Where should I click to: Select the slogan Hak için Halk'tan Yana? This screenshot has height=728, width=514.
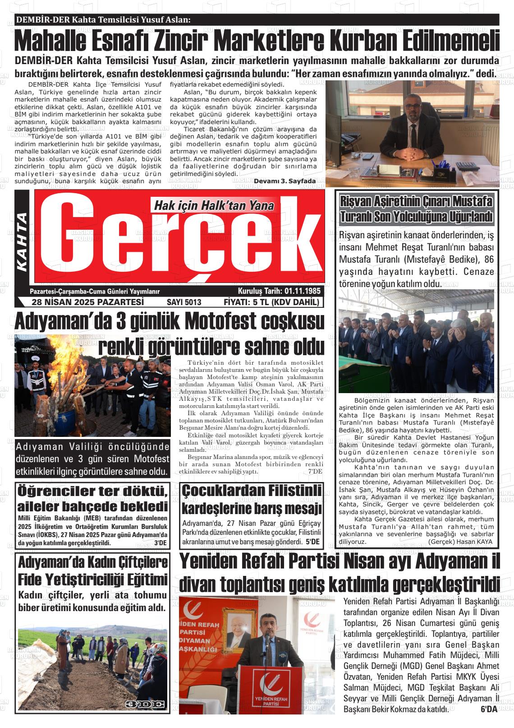[214, 206]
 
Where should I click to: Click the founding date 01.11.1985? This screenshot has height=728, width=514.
[302, 291]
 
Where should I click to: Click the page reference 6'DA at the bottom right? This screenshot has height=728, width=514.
[488, 709]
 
